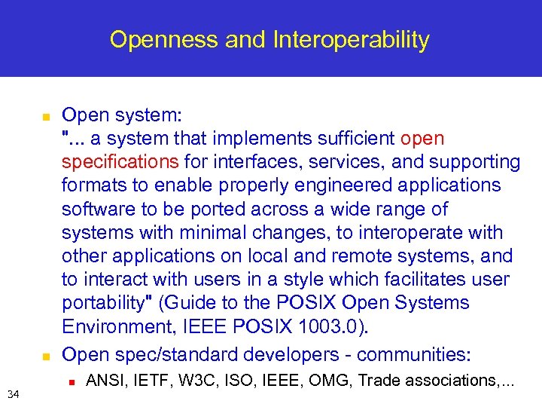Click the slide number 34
[x=13, y=393]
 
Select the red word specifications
[x=120, y=162]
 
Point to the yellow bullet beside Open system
[x=45, y=118]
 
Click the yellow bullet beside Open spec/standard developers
[x=45, y=355]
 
